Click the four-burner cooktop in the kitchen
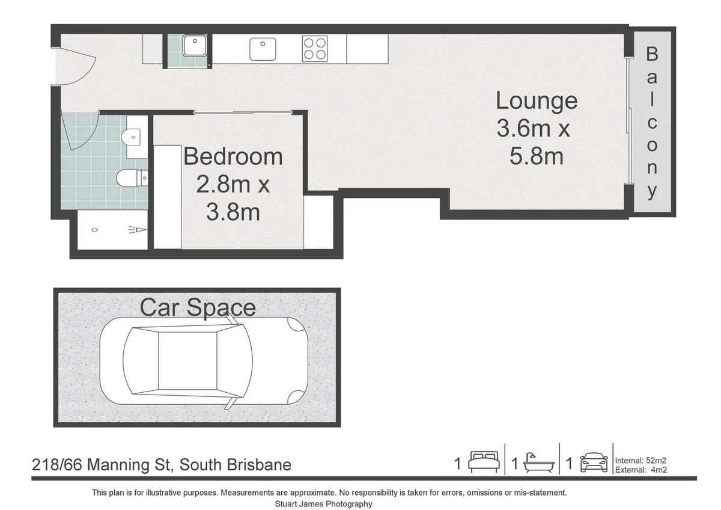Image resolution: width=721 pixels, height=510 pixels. tap(315, 48)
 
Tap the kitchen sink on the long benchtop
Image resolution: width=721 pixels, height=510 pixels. tap(262, 48)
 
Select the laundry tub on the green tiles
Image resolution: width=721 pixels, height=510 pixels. tap(195, 46)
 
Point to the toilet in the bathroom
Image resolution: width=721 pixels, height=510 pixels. tap(129, 177)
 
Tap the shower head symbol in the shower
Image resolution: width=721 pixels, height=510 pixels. tap(136, 230)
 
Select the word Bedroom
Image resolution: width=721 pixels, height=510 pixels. tap(233, 156)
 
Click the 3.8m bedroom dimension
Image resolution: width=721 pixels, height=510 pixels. tap(233, 212)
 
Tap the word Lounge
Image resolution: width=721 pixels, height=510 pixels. tap(536, 100)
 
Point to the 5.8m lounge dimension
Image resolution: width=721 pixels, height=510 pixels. tap(536, 156)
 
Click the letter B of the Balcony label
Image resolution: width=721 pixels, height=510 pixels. tap(652, 54)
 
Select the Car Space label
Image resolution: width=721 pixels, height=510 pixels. tap(198, 307)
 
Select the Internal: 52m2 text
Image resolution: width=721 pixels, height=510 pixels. tap(641, 461)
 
